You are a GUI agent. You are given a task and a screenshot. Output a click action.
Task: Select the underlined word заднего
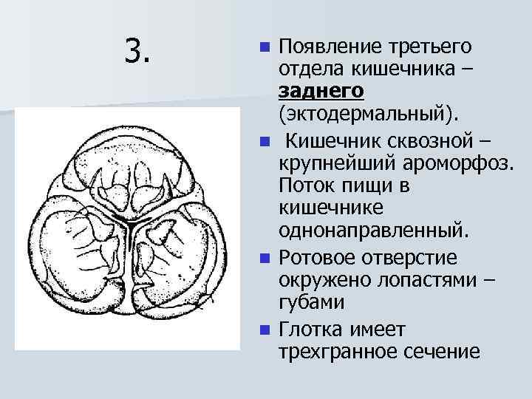[321, 92]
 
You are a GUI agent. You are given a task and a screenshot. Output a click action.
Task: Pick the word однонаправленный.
[373, 232]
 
